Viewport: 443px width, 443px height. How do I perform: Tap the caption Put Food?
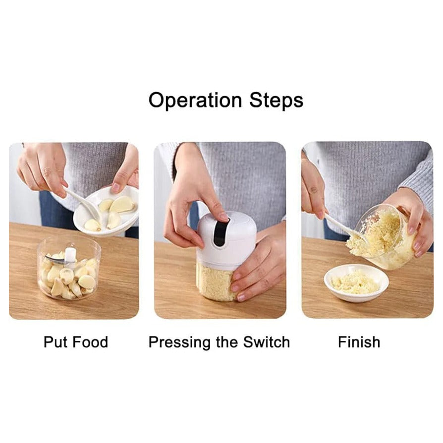(x=75, y=342)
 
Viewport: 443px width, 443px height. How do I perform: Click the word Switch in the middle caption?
(x=266, y=342)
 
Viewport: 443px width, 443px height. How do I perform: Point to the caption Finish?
(x=359, y=342)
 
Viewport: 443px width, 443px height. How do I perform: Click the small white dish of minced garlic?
(x=356, y=282)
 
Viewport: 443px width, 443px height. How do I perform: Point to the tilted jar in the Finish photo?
(x=387, y=238)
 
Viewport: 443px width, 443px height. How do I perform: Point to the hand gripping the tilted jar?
(x=414, y=218)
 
